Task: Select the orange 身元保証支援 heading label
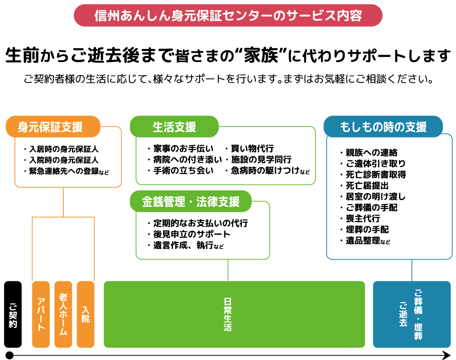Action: coord(53,127)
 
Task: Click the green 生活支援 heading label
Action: coord(174,127)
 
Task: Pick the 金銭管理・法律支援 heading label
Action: coord(191,201)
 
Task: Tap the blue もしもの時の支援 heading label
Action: coord(383,127)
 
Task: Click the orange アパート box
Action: coord(41,314)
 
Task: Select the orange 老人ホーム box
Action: coord(63,314)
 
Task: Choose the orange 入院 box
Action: coord(85,314)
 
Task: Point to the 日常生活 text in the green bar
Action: coord(228,314)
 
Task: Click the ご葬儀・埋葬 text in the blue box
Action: coord(418,314)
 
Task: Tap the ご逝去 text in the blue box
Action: coord(403,314)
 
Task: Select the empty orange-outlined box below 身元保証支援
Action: coord(68,162)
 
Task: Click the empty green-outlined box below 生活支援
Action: coord(225,160)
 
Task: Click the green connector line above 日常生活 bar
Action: coord(228,270)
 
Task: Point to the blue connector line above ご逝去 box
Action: coord(412,270)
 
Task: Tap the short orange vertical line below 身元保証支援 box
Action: coord(63,202)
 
